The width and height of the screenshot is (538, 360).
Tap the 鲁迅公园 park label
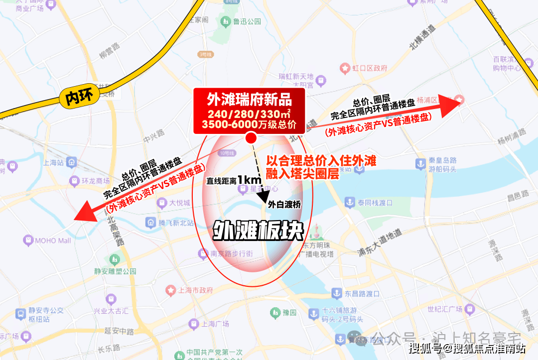[248, 21]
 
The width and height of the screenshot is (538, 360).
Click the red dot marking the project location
[252, 138]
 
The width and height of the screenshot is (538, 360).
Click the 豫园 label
[289, 313]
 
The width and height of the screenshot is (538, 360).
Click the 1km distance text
[249, 180]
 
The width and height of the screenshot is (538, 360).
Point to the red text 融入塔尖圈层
[303, 174]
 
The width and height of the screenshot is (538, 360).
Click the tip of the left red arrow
[75, 219]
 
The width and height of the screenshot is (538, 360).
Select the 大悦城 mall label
[179, 203]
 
